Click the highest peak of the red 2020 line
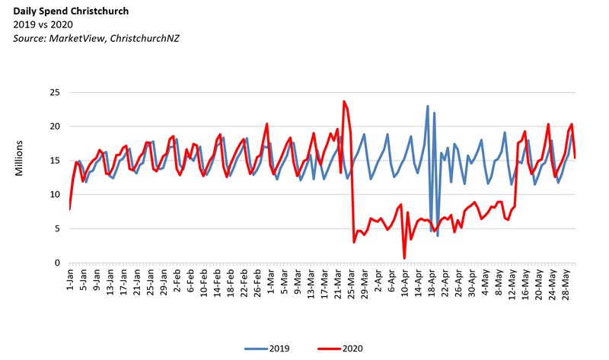[x=344, y=101]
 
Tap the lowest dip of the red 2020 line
[x=404, y=259]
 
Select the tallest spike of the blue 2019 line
[x=428, y=106]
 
